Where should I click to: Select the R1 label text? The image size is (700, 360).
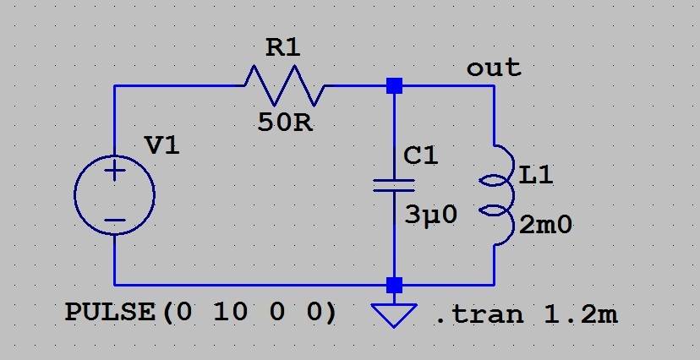click(x=282, y=49)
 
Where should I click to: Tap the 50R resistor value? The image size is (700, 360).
click(x=285, y=123)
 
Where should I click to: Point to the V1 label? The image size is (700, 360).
click(x=162, y=145)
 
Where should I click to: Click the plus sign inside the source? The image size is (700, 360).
click(x=115, y=172)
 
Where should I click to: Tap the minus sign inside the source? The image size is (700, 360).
click(x=115, y=221)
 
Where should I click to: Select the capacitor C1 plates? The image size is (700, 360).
click(x=394, y=185)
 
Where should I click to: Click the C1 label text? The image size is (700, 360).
click(x=421, y=156)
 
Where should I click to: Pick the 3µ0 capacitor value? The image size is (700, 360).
click(x=430, y=215)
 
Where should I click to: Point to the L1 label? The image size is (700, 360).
click(x=536, y=177)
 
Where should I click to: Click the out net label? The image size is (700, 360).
click(x=494, y=68)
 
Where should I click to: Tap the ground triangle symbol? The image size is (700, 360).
click(x=394, y=314)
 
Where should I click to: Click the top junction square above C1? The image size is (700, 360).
click(x=394, y=85)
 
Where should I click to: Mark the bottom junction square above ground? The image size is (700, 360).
click(x=394, y=284)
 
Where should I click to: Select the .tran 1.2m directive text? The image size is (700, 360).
click(x=527, y=315)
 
